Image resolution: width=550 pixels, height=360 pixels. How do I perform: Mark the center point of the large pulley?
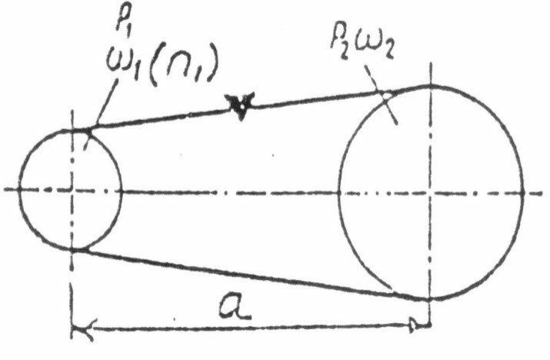(x=428, y=189)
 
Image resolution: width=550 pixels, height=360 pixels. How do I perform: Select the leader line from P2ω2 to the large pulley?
(x=389, y=107)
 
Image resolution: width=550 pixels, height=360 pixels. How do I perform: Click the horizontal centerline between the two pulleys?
(x=231, y=189)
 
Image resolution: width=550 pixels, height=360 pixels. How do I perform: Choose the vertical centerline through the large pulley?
(x=428, y=138)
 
